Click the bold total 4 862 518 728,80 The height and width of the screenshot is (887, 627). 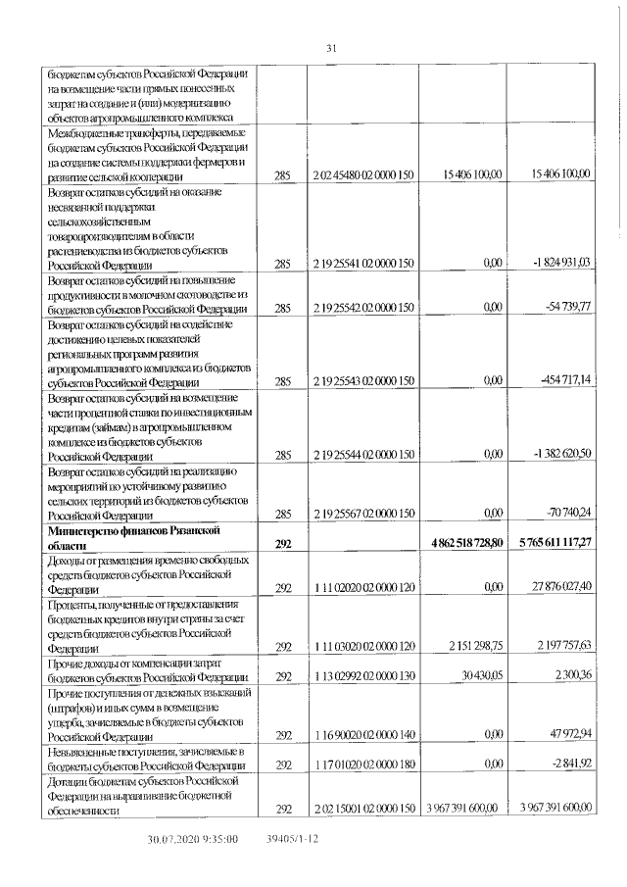(461, 543)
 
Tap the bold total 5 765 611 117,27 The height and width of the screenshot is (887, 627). (550, 543)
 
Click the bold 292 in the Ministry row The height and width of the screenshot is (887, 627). (284, 543)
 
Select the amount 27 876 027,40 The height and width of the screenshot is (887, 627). (556, 585)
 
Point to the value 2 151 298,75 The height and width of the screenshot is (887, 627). (469, 646)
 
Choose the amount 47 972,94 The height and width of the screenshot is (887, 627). (565, 733)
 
